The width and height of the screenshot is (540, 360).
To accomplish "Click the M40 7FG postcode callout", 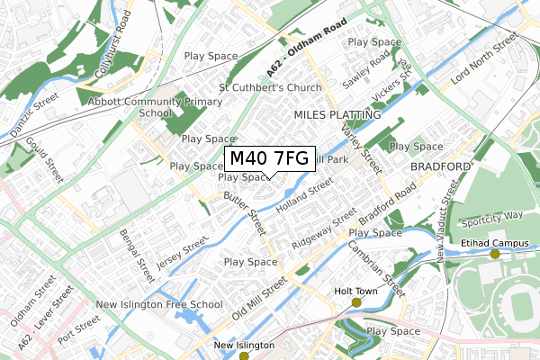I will pos(268,159).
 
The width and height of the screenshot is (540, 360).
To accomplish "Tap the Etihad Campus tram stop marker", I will pos(494,255).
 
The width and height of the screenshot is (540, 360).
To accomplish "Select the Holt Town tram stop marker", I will pos(356,302).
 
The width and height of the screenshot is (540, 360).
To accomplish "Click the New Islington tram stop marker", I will pos(244,356).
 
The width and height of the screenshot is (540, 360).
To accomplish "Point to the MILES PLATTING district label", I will pos(337,116).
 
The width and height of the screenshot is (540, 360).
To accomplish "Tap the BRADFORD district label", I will pos(440,167).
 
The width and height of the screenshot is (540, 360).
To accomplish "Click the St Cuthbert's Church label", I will pos(270,88).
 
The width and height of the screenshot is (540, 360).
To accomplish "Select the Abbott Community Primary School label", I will pos(143,108).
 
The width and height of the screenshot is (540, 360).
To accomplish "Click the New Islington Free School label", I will pos(158,304).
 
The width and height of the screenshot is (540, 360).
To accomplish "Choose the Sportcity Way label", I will pos(490,217).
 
